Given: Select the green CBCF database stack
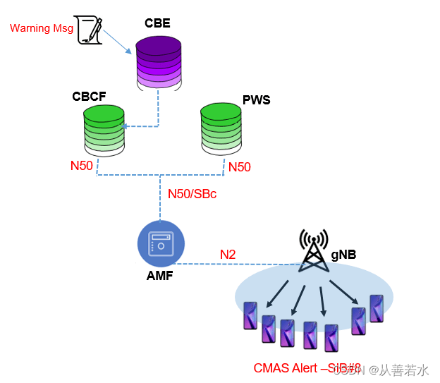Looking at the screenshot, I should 104,129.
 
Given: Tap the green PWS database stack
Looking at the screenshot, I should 221,128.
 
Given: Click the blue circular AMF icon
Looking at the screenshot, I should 161,245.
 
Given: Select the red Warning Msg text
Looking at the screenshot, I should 42,28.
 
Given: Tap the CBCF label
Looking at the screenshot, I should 89,95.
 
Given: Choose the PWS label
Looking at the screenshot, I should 256,100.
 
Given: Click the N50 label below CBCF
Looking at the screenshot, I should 82,166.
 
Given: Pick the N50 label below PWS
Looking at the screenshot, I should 238,167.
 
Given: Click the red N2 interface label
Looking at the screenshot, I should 228,254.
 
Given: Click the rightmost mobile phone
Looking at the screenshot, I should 377,309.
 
